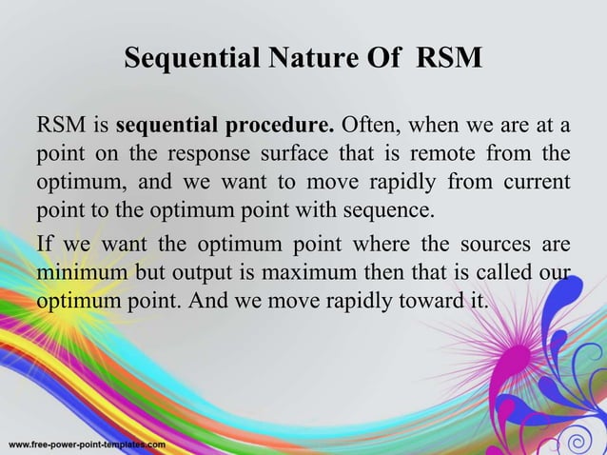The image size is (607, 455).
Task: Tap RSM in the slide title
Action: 448,60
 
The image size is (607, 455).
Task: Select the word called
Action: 500,273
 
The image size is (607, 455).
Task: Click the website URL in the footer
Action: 88,445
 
